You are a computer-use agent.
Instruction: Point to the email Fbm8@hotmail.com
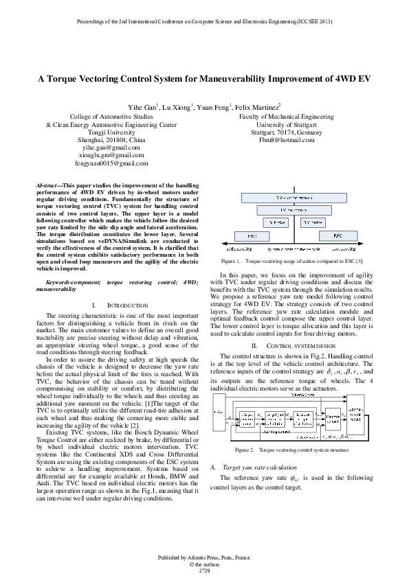(x=286, y=139)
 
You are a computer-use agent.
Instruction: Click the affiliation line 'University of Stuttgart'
(x=286, y=125)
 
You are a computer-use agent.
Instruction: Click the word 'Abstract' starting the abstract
(x=47, y=186)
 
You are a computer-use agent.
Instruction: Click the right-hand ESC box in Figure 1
(x=338, y=235)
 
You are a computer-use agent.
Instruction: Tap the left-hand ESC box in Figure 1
(x=252, y=235)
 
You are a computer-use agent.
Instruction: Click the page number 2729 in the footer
(x=204, y=570)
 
